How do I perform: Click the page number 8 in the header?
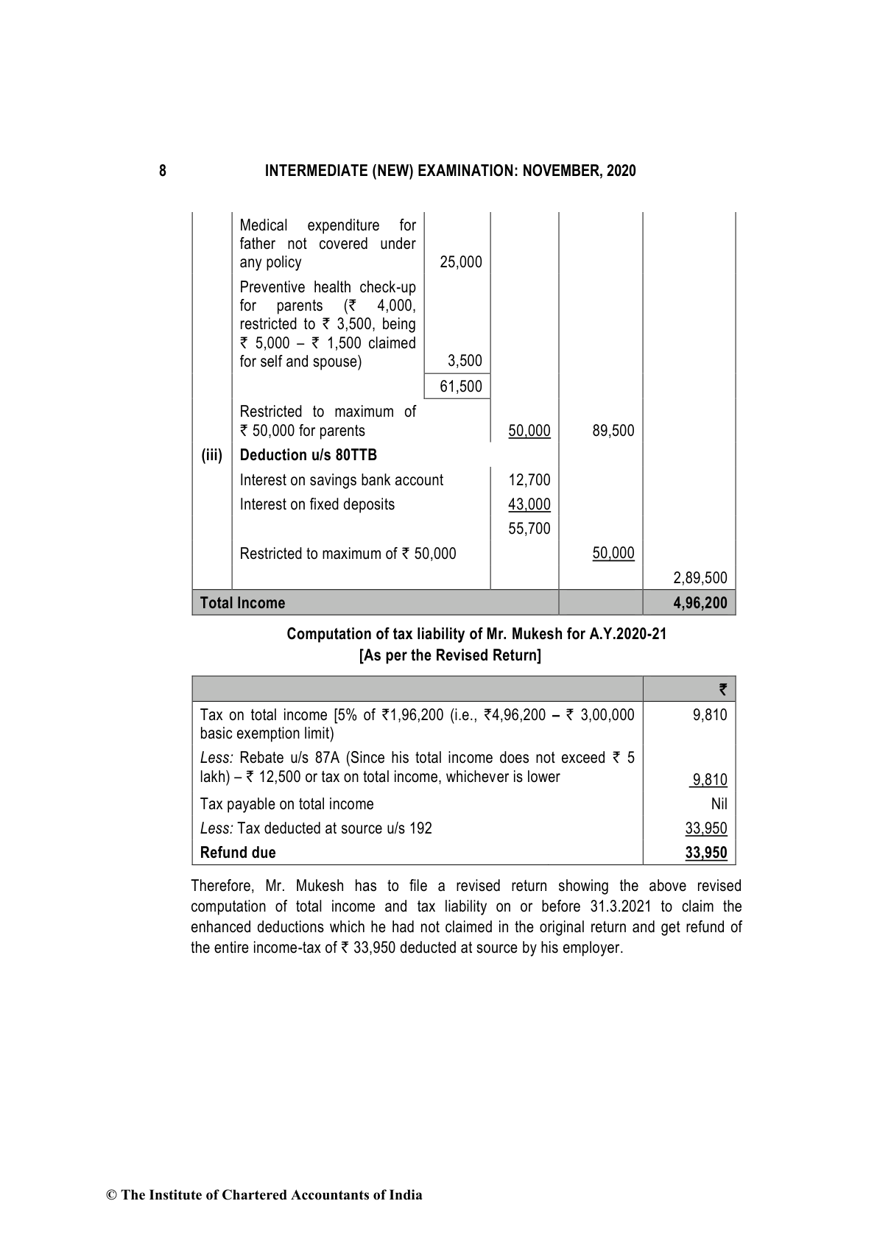click(x=163, y=172)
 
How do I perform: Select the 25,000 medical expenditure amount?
click(x=460, y=262)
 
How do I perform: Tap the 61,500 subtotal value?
click(x=460, y=387)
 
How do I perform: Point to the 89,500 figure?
click(x=613, y=431)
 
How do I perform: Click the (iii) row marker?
click(x=212, y=455)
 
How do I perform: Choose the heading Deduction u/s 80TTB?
click(x=309, y=455)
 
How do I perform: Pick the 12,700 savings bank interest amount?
click(x=529, y=480)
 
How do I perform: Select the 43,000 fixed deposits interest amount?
click(x=529, y=504)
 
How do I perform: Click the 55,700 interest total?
click(x=529, y=529)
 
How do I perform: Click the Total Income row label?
click(x=242, y=603)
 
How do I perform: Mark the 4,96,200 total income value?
click(x=700, y=603)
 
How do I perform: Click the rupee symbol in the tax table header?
click(x=722, y=690)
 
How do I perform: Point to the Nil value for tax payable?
click(x=719, y=804)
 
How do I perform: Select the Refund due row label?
click(x=238, y=853)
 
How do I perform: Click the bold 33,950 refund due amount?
click(x=705, y=853)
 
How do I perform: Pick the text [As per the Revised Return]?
click(x=450, y=655)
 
